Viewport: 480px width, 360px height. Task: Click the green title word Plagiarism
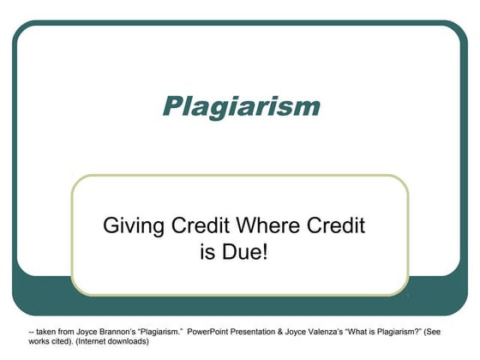point(241,107)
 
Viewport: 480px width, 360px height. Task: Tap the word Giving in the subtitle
point(131,227)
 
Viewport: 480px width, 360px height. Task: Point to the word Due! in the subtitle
point(249,254)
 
